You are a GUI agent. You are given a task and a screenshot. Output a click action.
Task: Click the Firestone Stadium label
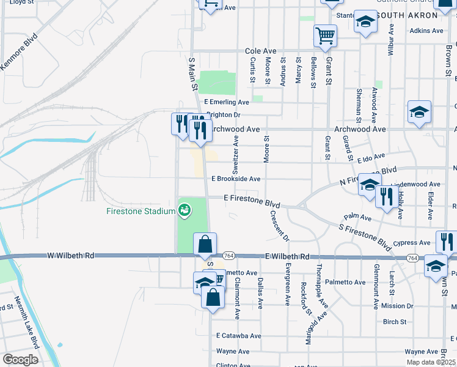point(141,212)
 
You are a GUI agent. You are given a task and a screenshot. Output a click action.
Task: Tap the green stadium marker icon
point(184,211)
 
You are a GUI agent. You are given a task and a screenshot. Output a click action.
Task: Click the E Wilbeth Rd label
point(287,257)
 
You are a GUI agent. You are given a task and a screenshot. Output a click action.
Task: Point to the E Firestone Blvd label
point(252,199)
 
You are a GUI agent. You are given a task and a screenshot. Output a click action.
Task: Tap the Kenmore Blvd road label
point(19,53)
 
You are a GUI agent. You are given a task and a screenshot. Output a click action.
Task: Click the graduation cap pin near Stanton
point(365,23)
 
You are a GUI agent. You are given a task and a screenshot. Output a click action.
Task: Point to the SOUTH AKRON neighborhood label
point(403,15)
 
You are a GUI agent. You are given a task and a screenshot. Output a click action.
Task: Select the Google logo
point(20,359)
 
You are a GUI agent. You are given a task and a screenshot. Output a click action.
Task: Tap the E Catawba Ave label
point(238,336)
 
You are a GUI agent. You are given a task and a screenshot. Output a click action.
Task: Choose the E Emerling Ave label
point(227,102)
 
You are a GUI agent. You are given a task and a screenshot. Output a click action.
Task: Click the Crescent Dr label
point(277,225)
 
